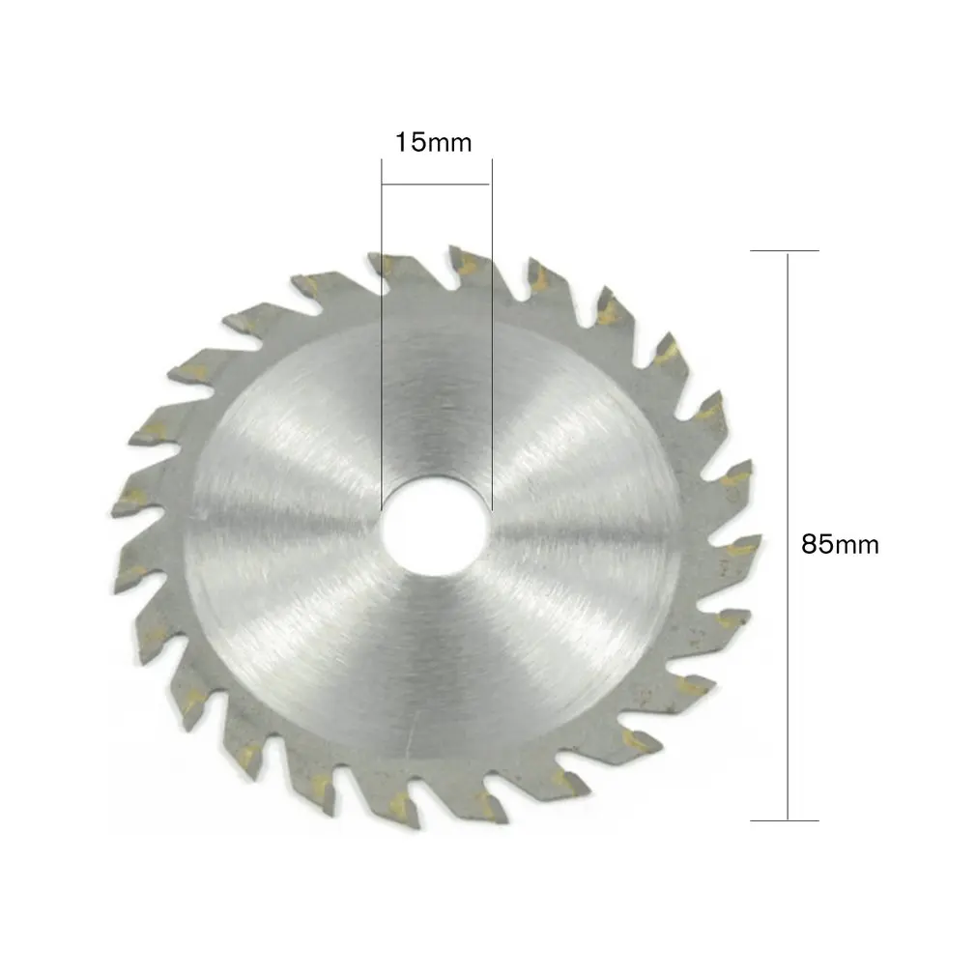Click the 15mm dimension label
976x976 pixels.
coord(432,143)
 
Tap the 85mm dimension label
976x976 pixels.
coord(840,544)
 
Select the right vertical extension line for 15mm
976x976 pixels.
coord(492,338)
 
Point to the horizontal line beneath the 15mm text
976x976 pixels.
coord(436,184)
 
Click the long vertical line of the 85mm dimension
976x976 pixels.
coord(789,536)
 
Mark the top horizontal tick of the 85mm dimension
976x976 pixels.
coord(785,251)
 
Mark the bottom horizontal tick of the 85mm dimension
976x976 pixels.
coord(785,820)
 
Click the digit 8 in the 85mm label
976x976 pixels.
coord(809,544)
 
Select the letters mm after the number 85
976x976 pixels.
coord(855,546)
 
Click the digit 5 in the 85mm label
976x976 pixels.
coord(823,544)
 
